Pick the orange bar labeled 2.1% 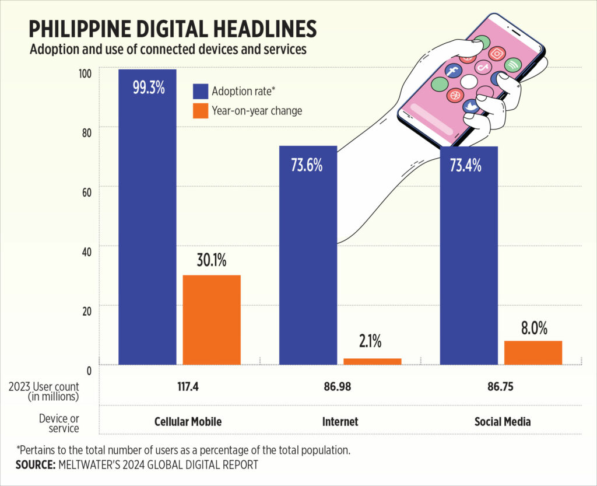[x=372, y=361]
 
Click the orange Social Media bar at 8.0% [x=533, y=352]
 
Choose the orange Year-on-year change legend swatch [x=200, y=110]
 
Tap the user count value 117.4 [x=188, y=387]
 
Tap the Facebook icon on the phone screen [x=453, y=72]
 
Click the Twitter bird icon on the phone [x=470, y=106]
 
